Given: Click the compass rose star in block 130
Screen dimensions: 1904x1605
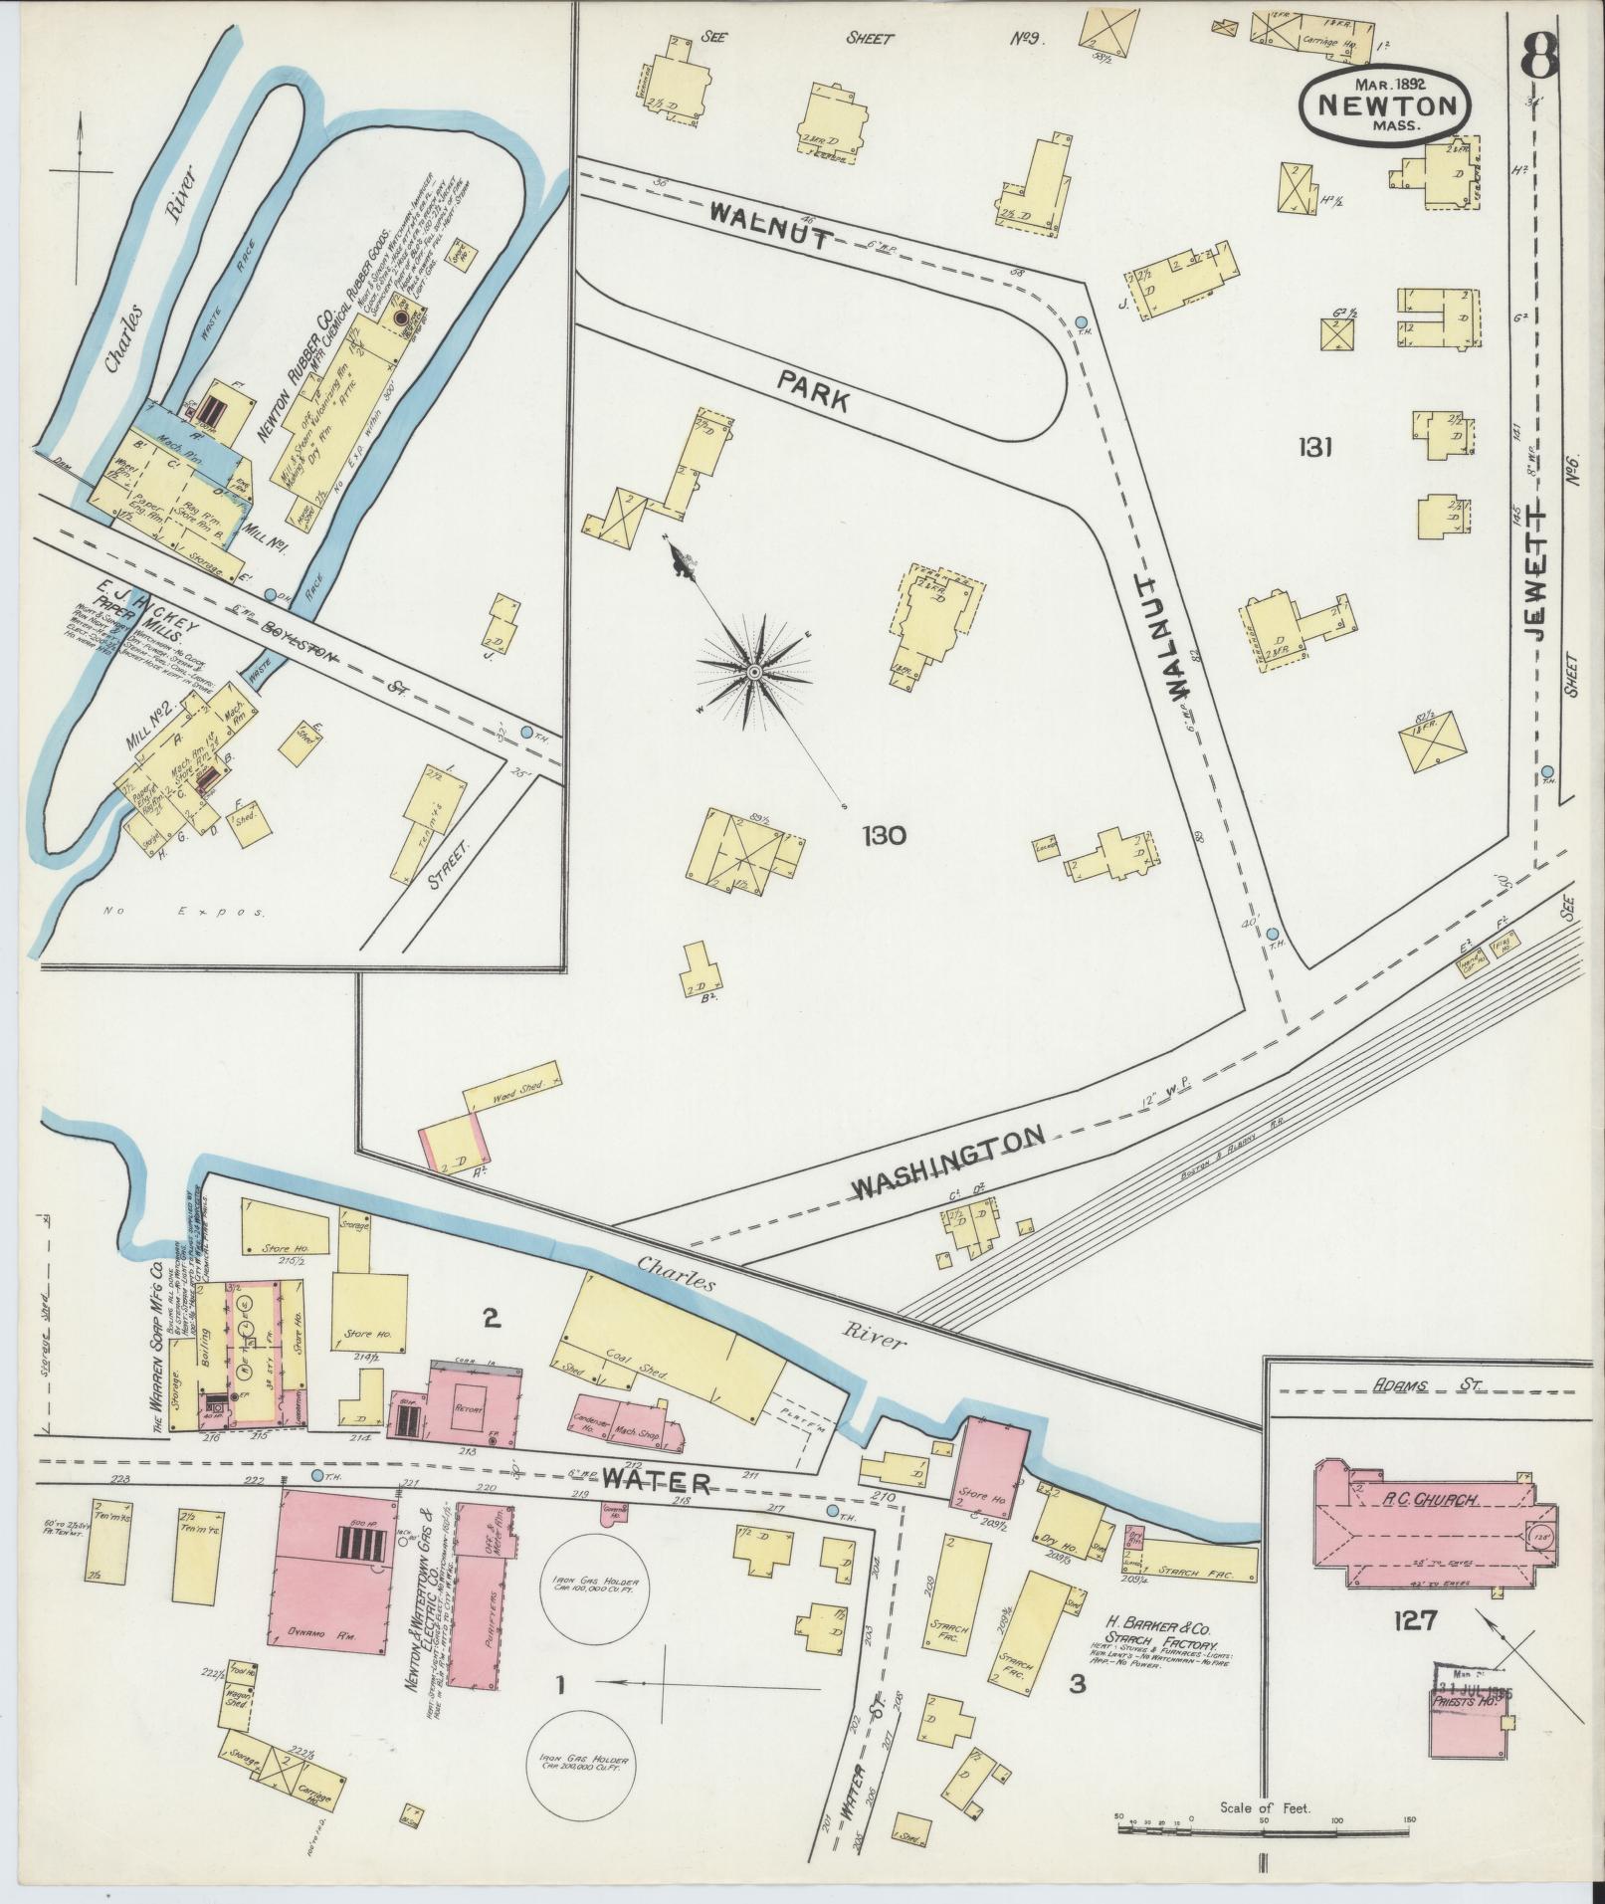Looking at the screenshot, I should pyautogui.click(x=754, y=673).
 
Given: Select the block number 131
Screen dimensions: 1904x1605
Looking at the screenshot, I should pyautogui.click(x=1313, y=448).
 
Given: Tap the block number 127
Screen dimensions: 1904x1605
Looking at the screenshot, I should pyautogui.click(x=1414, y=1620).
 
